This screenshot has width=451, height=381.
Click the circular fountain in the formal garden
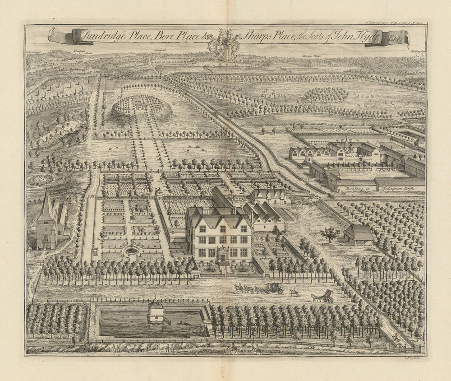[131, 250]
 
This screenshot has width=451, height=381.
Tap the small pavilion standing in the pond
[156, 311]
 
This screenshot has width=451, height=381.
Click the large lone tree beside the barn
[331, 233]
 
